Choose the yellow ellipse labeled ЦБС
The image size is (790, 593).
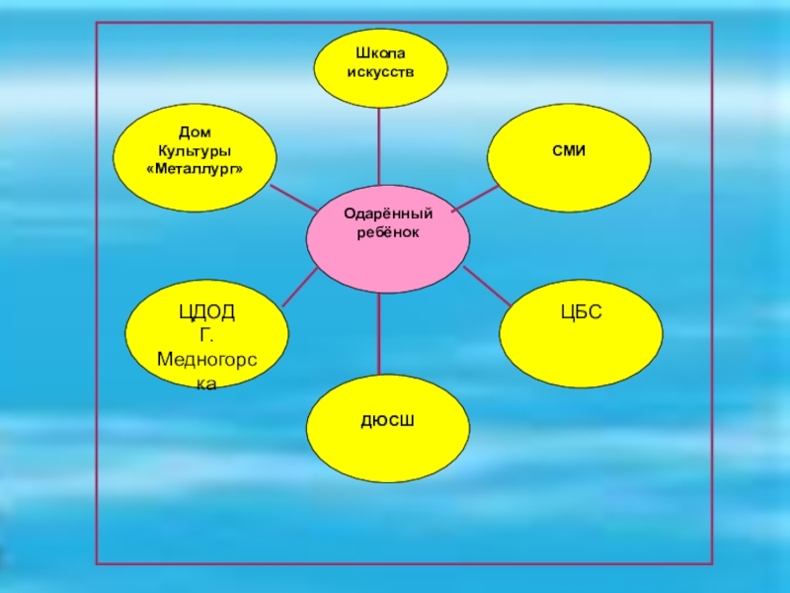click(x=581, y=334)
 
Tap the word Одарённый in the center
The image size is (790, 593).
click(x=387, y=213)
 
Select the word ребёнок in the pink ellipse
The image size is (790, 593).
click(x=387, y=231)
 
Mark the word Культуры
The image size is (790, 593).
click(x=195, y=151)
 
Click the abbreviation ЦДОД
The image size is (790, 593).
click(x=206, y=313)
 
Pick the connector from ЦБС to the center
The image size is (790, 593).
click(x=484, y=287)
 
